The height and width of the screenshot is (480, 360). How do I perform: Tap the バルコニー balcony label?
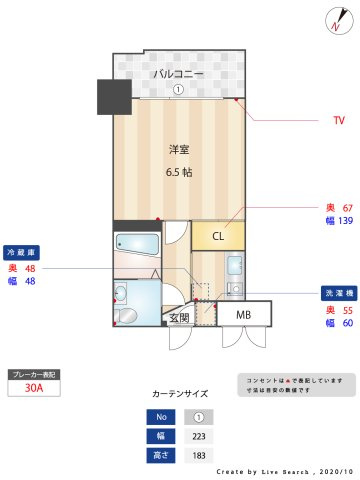pyautogui.click(x=178, y=74)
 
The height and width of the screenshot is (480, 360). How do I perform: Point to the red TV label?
pyautogui.click(x=339, y=120)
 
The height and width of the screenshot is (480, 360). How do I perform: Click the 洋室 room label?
pyautogui.click(x=179, y=150)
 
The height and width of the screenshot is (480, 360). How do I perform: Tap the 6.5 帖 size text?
pyautogui.click(x=179, y=171)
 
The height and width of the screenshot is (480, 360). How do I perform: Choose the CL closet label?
pyautogui.click(x=217, y=236)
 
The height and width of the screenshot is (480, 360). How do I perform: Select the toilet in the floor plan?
pyautogui.click(x=122, y=293)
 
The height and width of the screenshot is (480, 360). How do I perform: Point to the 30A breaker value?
pyautogui.click(x=34, y=389)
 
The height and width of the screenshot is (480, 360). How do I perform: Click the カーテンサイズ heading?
pyautogui.click(x=180, y=394)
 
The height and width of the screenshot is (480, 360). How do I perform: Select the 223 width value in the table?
pyautogui.click(x=199, y=436)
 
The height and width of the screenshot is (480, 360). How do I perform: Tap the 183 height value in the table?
pyautogui.click(x=199, y=455)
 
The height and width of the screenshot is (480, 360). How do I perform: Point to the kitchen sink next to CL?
pyautogui.click(x=233, y=267)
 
